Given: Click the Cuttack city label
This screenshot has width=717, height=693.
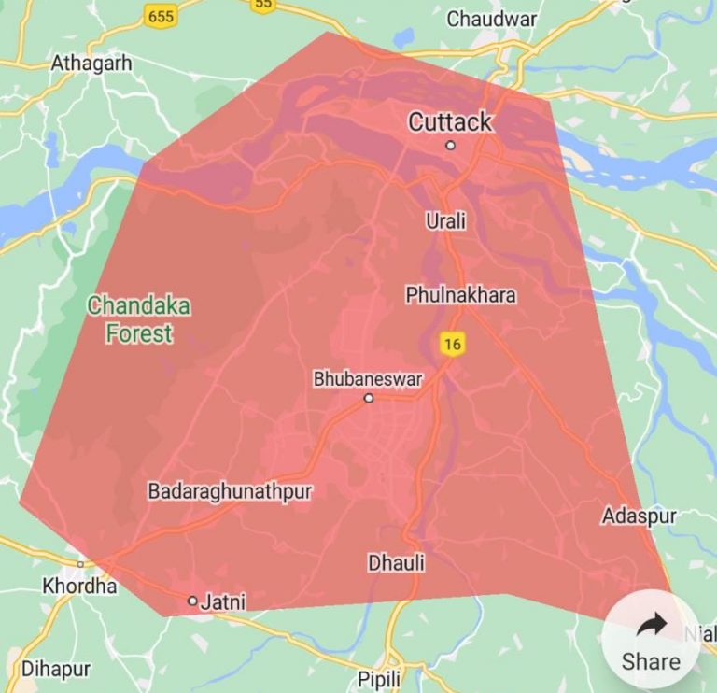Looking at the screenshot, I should click(450, 121).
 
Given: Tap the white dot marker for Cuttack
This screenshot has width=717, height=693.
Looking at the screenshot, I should click(450, 145).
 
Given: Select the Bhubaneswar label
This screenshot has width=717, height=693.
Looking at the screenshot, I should click(368, 379).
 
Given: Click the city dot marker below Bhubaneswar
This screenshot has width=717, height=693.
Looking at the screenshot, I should click(369, 398).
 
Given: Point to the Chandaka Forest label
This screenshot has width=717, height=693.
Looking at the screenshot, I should click(138, 318).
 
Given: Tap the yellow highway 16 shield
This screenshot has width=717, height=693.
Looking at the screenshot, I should click(453, 345).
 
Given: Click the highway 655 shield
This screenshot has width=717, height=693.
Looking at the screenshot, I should click(161, 16).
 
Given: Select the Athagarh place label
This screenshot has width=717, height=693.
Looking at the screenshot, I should click(91, 64).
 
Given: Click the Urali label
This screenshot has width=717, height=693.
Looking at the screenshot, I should click(445, 221).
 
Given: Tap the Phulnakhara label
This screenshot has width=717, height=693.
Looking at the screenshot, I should click(460, 295).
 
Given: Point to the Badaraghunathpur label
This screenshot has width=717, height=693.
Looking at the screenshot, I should click(230, 490).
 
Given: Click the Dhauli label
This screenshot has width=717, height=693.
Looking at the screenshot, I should click(397, 563).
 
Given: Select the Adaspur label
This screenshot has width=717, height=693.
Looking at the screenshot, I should click(640, 516).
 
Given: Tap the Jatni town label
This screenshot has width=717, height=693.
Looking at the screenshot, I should click(223, 602).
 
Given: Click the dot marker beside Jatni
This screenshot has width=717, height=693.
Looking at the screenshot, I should click(192, 601).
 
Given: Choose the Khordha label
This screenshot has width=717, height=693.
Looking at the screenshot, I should click(80, 587).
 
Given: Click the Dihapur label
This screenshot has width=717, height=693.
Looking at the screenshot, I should click(56, 669).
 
